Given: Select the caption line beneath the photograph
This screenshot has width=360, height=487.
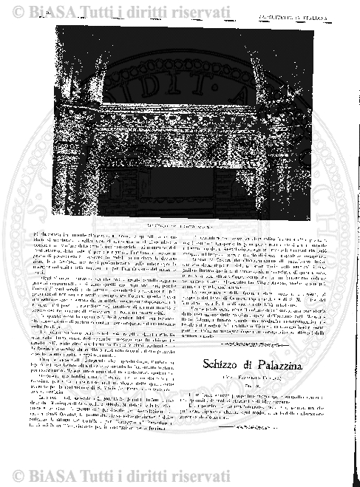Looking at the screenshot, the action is tap(180, 222).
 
